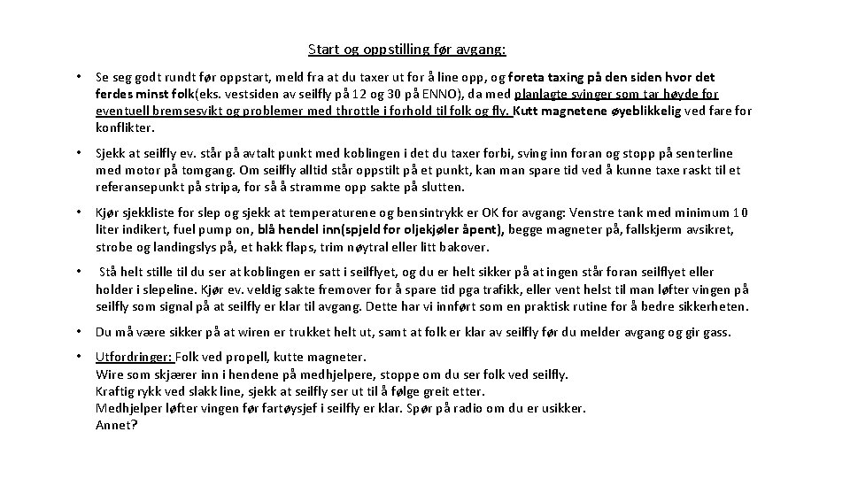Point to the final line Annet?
coord(116,425)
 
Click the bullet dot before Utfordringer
coord(80,357)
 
